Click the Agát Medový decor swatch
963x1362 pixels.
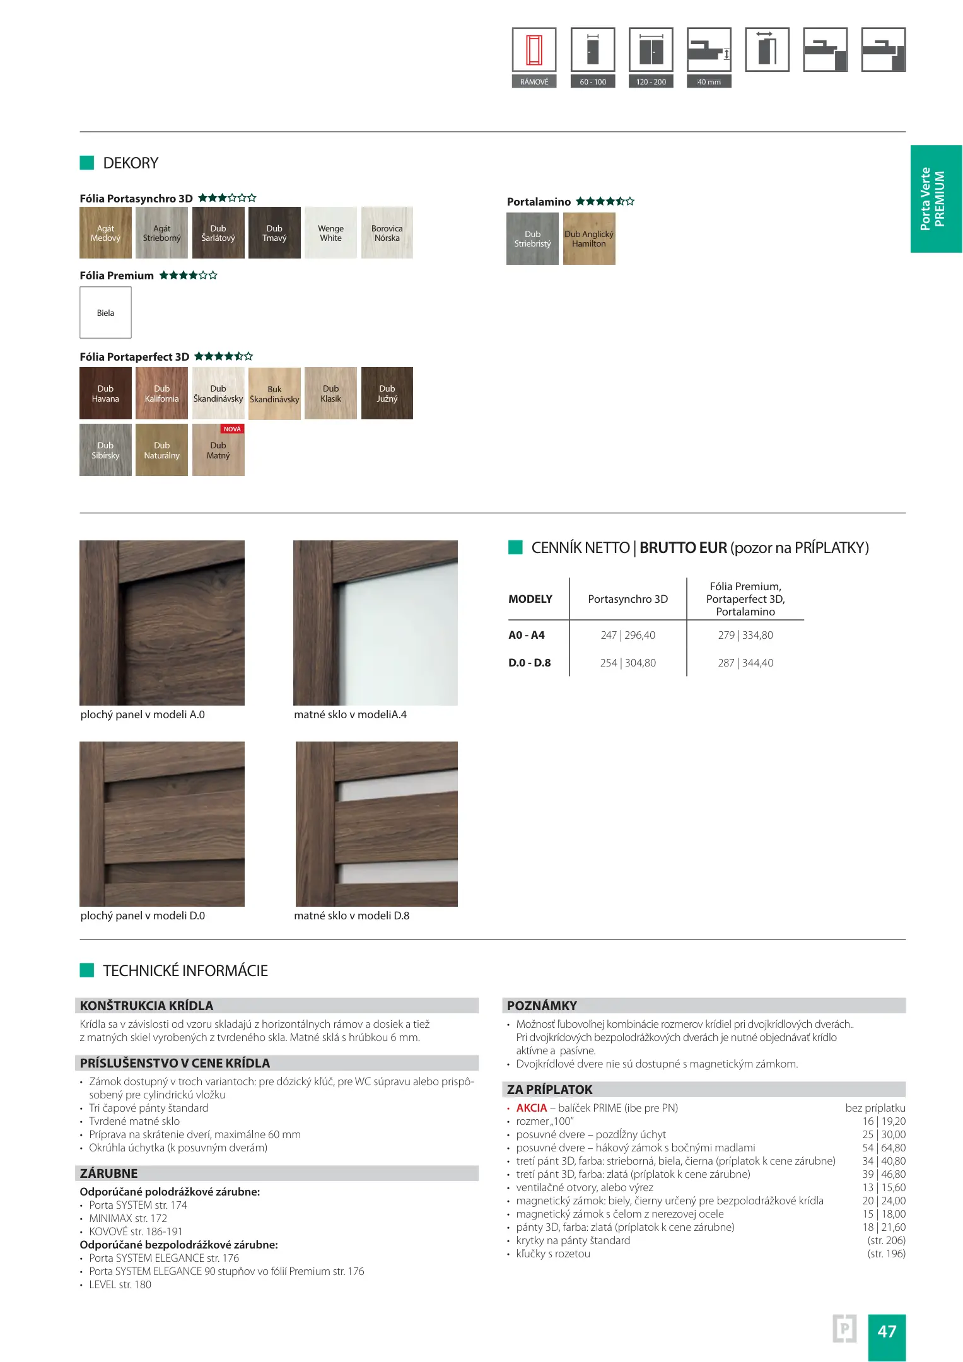(x=105, y=233)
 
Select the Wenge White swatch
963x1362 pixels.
(x=330, y=233)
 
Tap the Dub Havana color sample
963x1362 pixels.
(x=105, y=393)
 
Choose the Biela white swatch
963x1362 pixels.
(x=105, y=313)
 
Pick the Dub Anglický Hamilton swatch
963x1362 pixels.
(x=588, y=238)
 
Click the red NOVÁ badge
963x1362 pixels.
(x=232, y=429)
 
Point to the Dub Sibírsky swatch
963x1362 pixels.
(x=105, y=450)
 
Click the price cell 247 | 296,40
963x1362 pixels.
(x=627, y=635)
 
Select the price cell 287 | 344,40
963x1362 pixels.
(x=745, y=663)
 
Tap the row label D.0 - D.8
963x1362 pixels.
(x=529, y=663)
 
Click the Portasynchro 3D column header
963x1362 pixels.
(x=627, y=599)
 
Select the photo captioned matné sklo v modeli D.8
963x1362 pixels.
(x=376, y=824)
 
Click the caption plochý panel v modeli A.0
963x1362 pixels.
(x=143, y=714)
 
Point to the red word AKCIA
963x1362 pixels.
(x=531, y=1108)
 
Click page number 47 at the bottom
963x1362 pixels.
(x=887, y=1331)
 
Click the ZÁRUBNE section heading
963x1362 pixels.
(x=108, y=1173)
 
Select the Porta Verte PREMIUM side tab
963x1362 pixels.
(x=936, y=199)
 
